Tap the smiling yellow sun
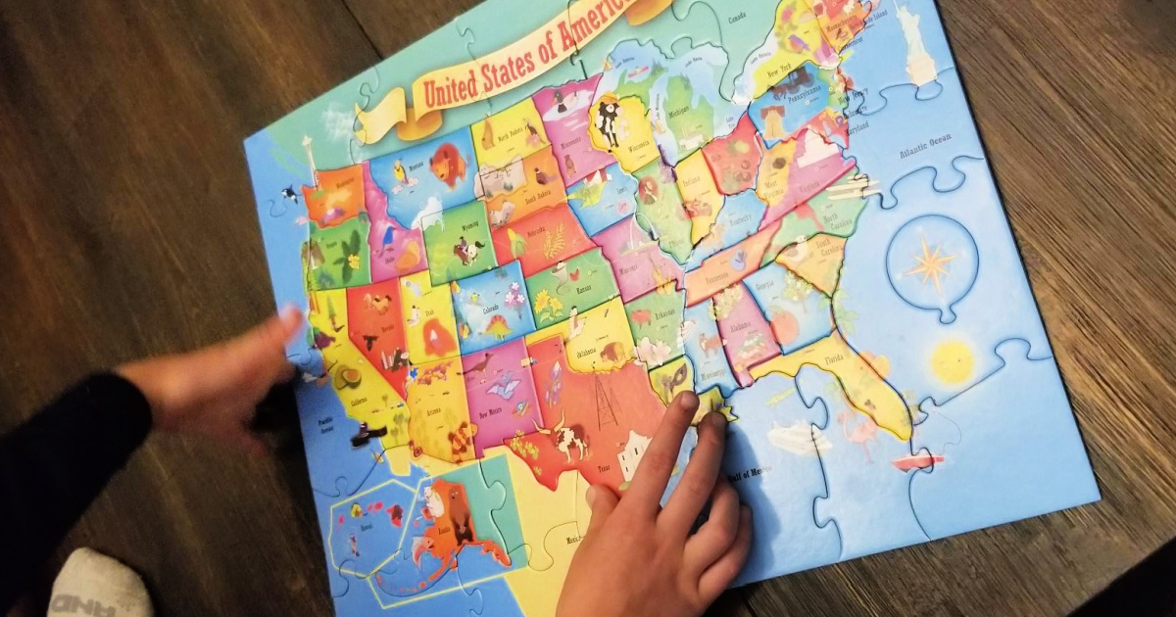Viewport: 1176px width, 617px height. coord(950,361)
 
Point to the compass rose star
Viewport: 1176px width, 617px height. coord(930,262)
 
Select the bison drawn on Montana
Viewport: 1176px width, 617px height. coord(448,165)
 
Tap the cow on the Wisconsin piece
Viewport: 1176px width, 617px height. coord(609,122)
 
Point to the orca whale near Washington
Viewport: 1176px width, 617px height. coord(290,194)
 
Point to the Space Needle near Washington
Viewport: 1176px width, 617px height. coord(310,157)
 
